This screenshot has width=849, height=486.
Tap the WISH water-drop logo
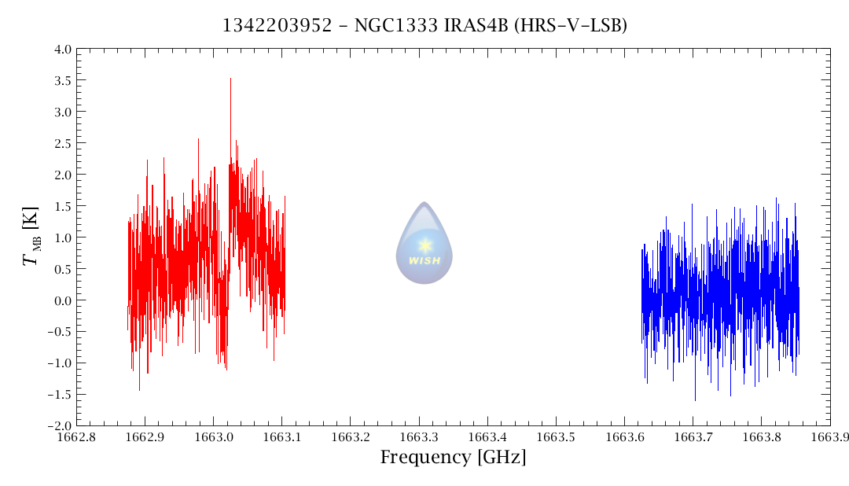click(424, 243)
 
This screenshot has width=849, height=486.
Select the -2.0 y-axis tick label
click(60, 426)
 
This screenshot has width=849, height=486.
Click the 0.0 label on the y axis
click(63, 300)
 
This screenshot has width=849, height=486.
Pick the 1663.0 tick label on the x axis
click(213, 437)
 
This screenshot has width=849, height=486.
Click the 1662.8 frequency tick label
click(76, 437)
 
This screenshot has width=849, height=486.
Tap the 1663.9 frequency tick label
click(829, 437)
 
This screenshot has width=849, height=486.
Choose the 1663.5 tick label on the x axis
click(556, 437)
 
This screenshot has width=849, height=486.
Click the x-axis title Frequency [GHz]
click(453, 457)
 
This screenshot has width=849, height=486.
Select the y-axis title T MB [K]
click(31, 236)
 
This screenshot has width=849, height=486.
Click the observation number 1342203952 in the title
click(277, 25)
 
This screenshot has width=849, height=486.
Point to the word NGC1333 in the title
click(395, 25)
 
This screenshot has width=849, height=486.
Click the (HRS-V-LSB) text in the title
click(570, 25)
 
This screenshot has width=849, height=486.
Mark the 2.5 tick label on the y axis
click(63, 144)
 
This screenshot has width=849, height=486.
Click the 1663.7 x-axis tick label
click(693, 437)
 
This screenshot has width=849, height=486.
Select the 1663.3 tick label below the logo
click(419, 437)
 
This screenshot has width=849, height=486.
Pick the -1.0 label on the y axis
click(60, 363)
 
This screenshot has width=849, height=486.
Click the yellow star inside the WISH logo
click(425, 245)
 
